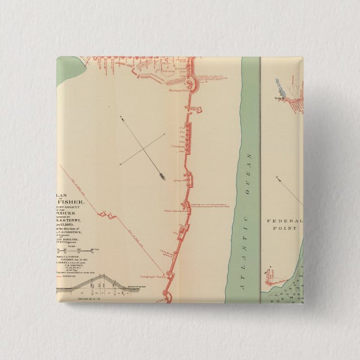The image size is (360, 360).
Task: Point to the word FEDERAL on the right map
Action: click(286, 220)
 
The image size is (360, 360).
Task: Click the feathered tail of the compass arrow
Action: click(163, 178)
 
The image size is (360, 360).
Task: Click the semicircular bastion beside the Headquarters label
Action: click(191, 83)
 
